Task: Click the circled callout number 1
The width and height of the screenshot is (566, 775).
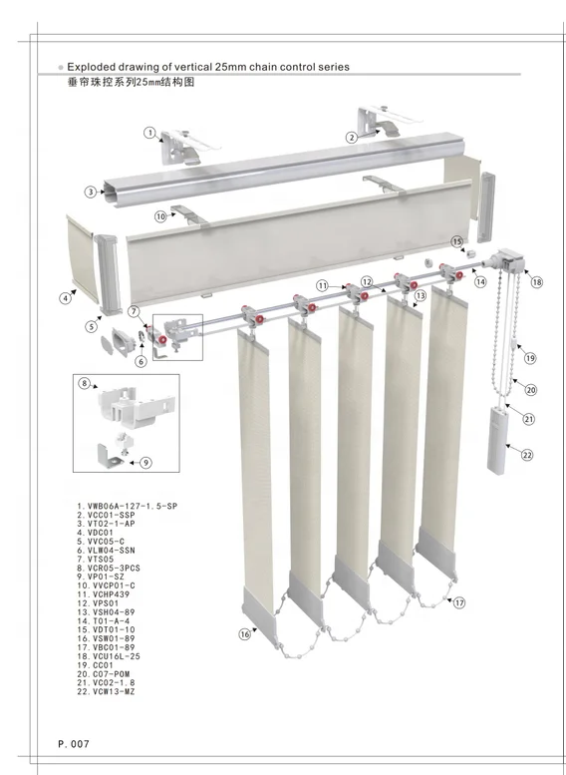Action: coord(149,132)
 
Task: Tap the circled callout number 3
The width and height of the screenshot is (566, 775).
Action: coord(90,192)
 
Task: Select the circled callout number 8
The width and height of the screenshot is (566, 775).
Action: coord(86,384)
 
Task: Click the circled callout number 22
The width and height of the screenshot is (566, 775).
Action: coord(527,455)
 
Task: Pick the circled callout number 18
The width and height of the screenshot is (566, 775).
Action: coord(537,283)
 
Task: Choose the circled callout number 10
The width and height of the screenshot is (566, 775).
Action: coord(160,215)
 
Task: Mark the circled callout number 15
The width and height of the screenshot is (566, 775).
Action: coord(456,241)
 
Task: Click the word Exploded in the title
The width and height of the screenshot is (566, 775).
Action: coord(92,68)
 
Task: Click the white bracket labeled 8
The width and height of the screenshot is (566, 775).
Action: coord(128,404)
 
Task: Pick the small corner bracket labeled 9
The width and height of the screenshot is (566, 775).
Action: coord(113,455)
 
